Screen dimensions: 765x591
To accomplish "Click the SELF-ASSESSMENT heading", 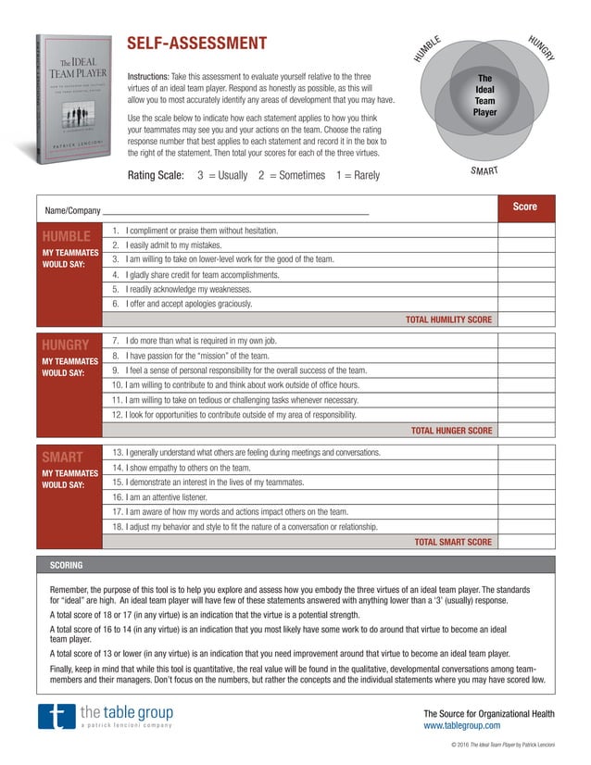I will point(196,44).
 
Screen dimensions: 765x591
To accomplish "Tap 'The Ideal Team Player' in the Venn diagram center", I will point(484,95).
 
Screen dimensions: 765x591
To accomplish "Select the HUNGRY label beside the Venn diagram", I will point(540,47).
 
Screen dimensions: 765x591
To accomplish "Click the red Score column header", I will point(525,207).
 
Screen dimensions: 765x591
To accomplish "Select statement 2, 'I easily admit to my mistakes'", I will point(173,245).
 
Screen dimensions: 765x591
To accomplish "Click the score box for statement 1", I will point(525,231).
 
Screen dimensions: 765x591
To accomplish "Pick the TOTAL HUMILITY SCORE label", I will point(448,320).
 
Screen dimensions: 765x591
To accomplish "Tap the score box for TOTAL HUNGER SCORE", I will point(525,431).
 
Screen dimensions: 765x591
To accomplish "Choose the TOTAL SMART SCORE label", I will point(453,542).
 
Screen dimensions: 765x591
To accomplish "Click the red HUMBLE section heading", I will point(66,236).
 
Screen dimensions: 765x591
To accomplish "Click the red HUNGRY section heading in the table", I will point(66,345).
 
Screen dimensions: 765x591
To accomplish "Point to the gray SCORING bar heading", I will point(66,565).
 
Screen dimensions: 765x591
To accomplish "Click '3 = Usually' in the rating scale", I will point(222,175).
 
